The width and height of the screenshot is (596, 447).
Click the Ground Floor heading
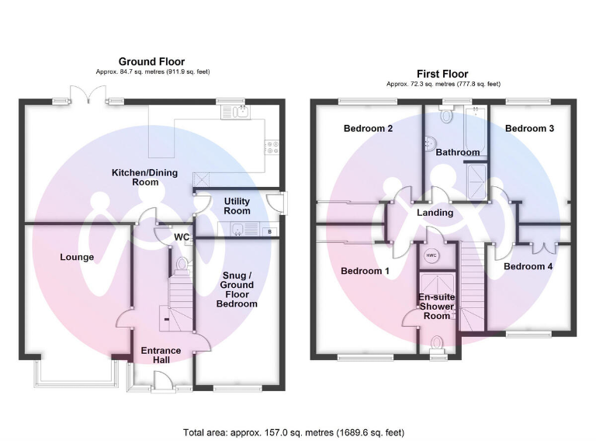151,61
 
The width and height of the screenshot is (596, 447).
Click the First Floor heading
442,74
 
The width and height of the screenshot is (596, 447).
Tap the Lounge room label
77,258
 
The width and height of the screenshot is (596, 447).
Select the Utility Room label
237,206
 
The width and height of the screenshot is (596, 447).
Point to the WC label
182,237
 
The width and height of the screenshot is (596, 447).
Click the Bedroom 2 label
368,129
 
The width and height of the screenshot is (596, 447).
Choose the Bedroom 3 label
529,129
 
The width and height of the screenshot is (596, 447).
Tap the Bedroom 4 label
528,266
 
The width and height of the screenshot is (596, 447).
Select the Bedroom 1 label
365,271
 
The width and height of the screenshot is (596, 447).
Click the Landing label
435,213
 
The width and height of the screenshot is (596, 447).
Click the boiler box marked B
269,231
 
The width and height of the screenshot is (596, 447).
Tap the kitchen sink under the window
236,112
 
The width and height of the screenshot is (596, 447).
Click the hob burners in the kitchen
272,147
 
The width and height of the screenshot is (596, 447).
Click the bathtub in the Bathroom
475,130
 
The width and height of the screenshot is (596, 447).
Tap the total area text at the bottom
294,432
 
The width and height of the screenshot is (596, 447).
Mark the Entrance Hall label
161,355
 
